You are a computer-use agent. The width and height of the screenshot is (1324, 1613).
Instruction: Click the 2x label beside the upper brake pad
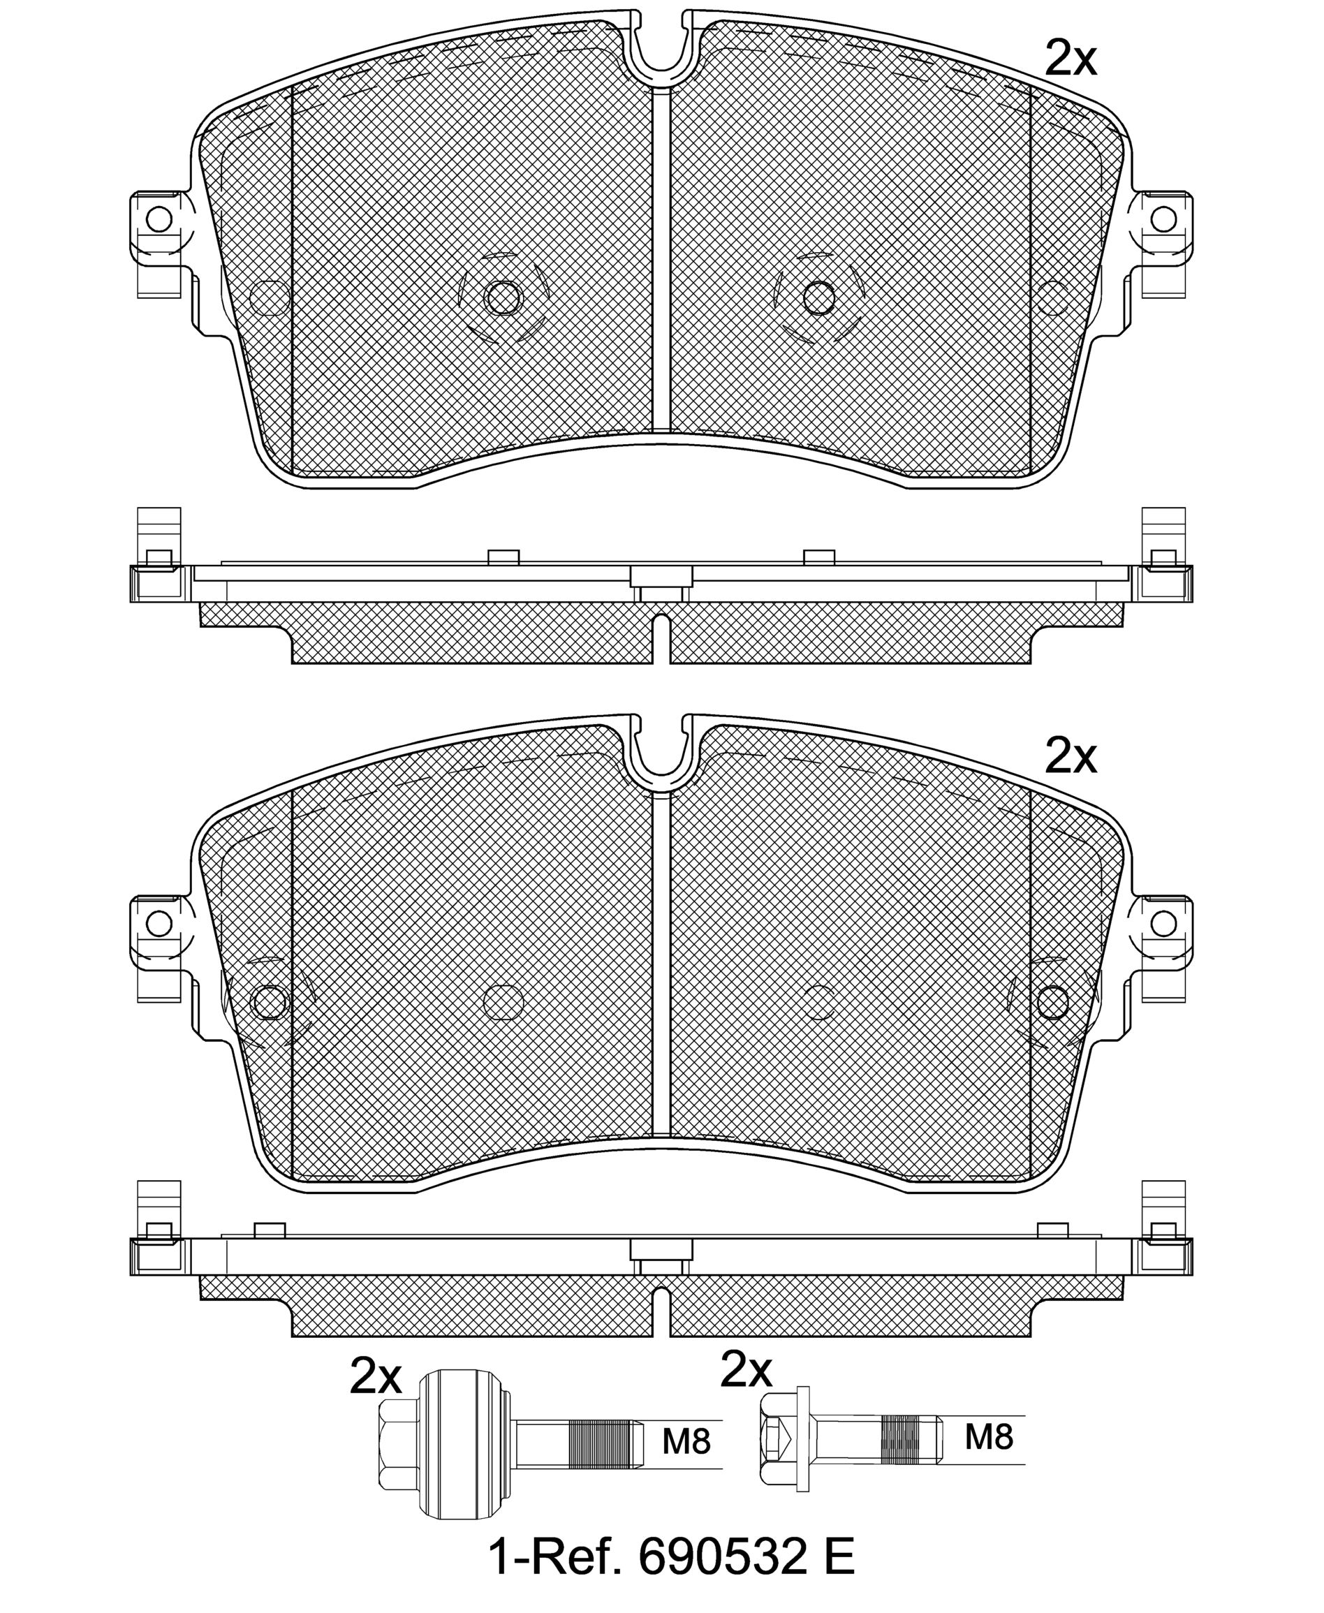point(1070,59)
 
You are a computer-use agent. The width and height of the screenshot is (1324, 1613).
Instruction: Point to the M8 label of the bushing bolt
point(686,1441)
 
